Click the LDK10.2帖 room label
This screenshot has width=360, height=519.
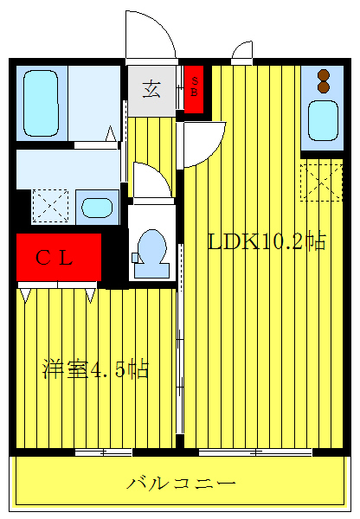tap(266, 241)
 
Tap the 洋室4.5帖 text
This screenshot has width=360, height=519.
tap(96, 370)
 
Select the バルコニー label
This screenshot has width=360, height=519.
tap(180, 482)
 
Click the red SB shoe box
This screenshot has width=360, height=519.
tap(194, 88)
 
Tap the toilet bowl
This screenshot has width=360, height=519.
tap(152, 249)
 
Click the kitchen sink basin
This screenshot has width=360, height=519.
tap(324, 120)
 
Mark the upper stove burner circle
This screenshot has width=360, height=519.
tap(324, 74)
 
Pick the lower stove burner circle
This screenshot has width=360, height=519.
tap(324, 86)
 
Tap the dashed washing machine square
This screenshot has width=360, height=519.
tap(49, 207)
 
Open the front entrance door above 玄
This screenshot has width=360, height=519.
tap(149, 36)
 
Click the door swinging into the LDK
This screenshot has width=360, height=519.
tap(204, 141)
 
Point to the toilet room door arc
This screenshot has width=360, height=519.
tap(151, 180)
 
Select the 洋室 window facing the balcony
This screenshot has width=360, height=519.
tap(102, 452)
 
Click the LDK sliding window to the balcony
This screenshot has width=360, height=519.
tap(255, 452)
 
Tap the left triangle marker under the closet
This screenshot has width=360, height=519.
tap(25, 296)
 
